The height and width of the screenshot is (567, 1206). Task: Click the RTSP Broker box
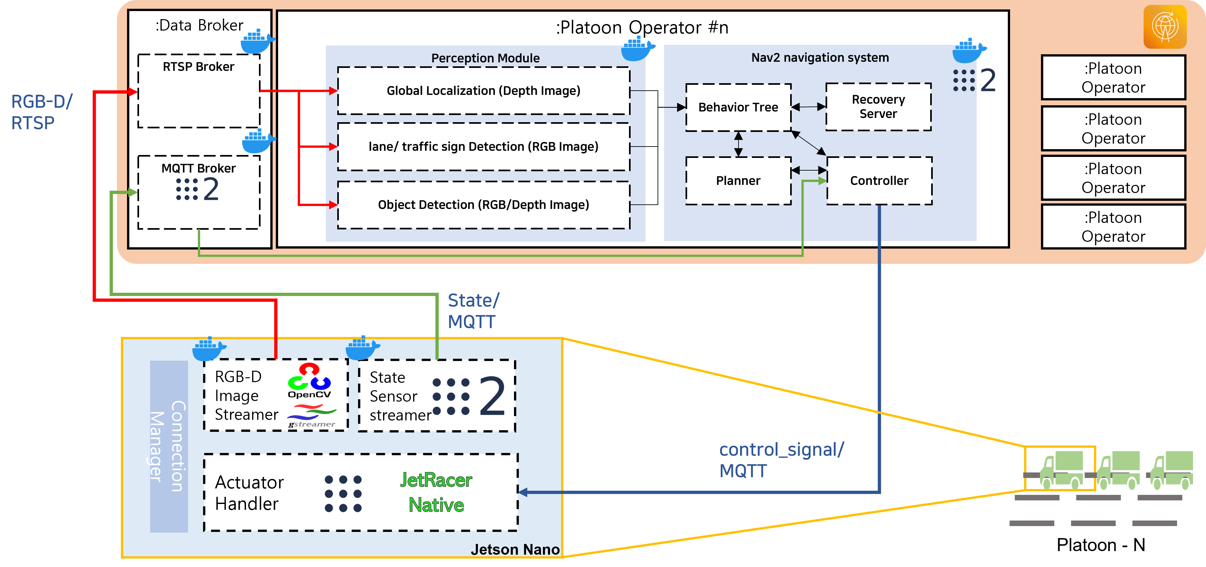(x=199, y=91)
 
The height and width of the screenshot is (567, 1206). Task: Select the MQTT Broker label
(x=199, y=168)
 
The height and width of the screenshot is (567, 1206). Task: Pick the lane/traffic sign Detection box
(x=484, y=147)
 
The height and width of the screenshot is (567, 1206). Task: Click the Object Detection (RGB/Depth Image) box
(x=484, y=205)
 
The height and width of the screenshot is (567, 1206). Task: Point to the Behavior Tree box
(x=738, y=107)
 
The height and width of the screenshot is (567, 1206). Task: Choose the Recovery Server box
(x=878, y=107)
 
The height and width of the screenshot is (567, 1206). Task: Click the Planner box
(x=738, y=181)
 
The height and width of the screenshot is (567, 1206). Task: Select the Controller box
(x=879, y=181)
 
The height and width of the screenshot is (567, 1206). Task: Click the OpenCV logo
(x=309, y=380)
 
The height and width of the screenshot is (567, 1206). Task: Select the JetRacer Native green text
(x=436, y=493)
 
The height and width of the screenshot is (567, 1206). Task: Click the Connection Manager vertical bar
(x=169, y=446)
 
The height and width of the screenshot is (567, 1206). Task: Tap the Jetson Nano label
(x=515, y=549)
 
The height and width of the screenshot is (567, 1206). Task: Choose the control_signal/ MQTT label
(x=781, y=460)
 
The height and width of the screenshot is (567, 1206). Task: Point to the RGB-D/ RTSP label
(x=42, y=112)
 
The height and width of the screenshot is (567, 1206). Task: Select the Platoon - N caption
(x=1101, y=545)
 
